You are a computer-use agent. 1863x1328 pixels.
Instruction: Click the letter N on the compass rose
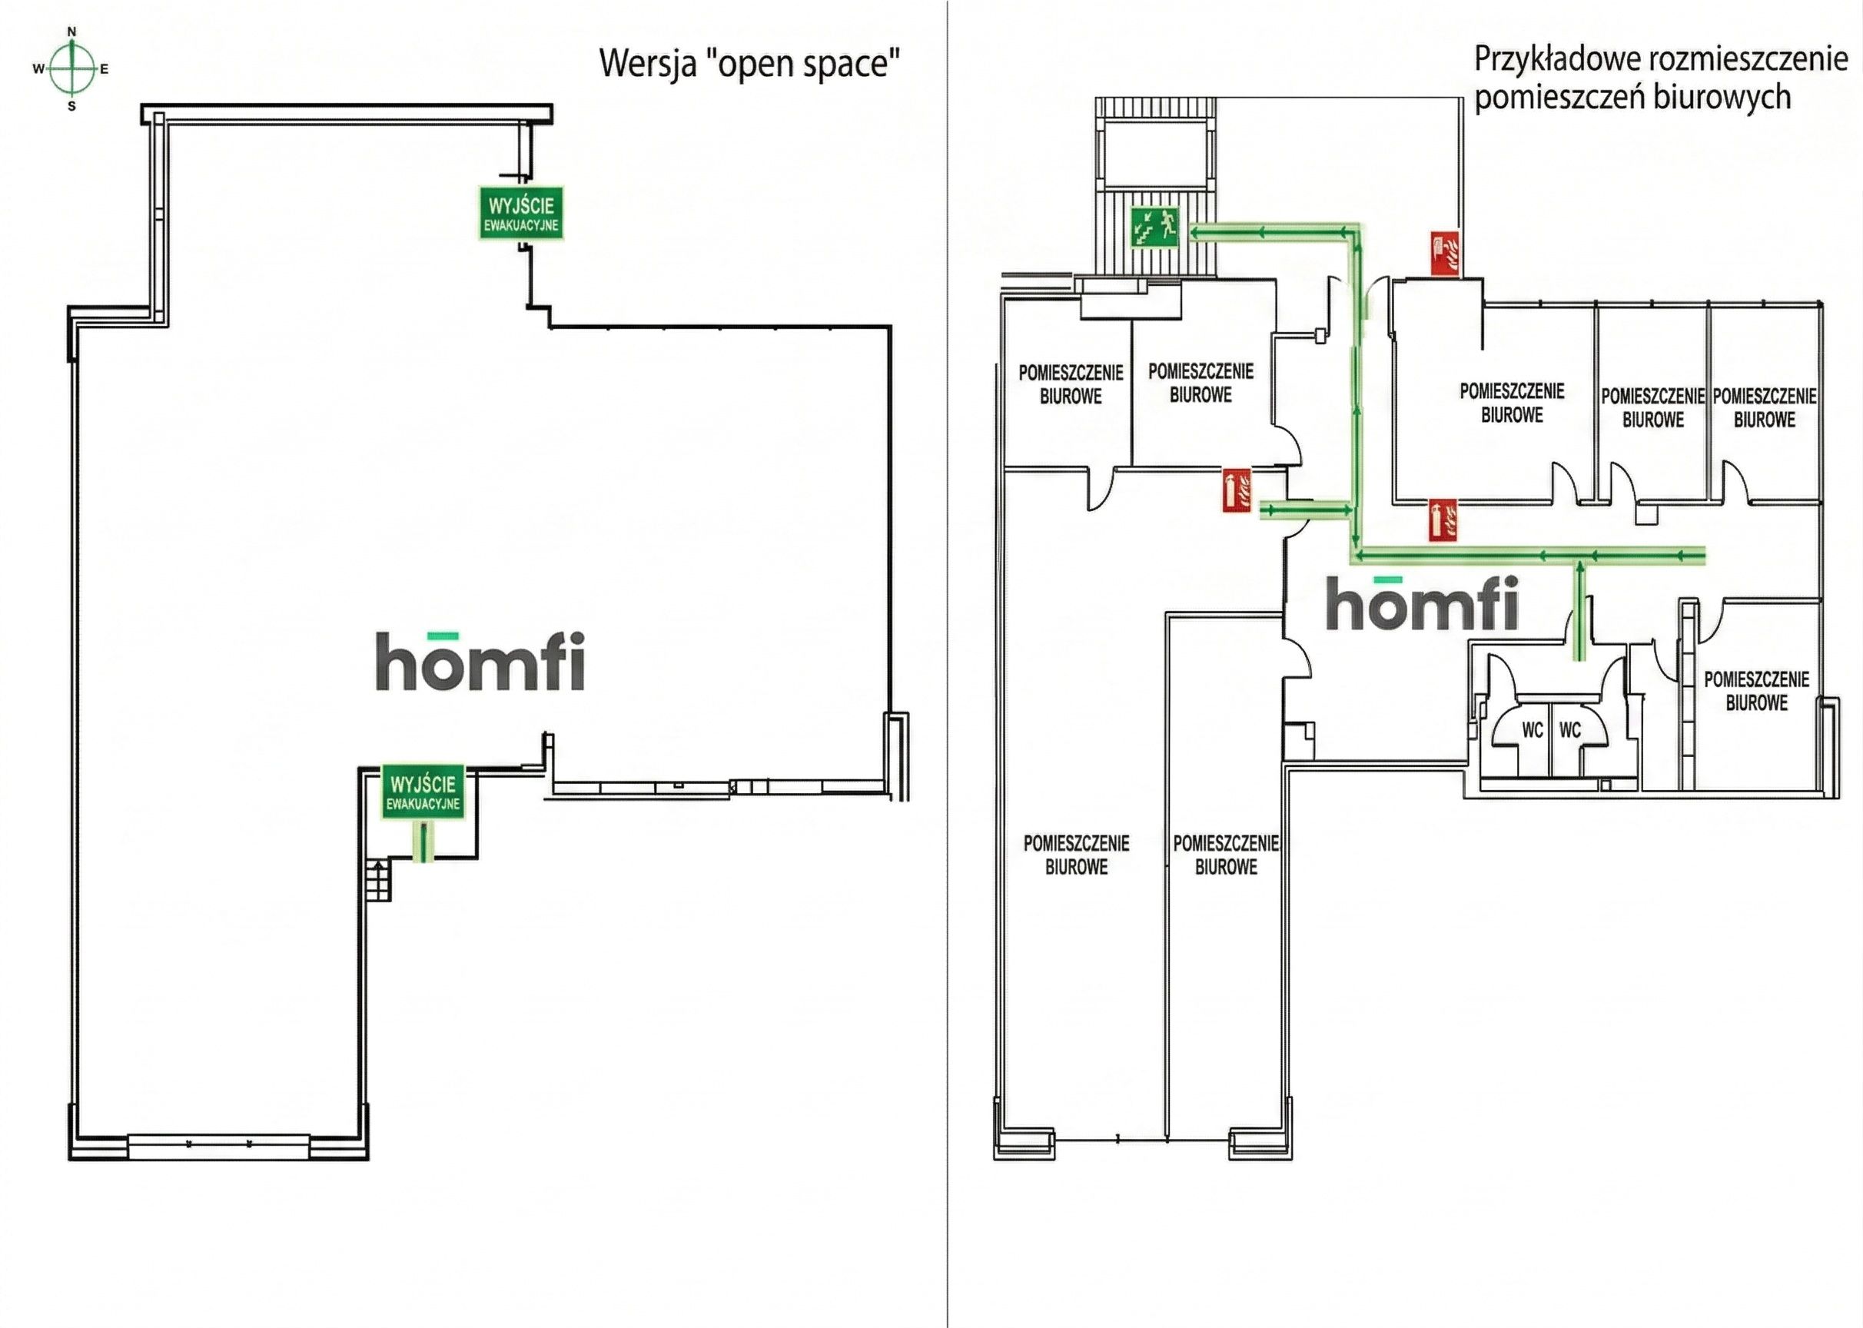tap(72, 32)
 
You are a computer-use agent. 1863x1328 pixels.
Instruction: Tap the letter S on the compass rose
tap(72, 106)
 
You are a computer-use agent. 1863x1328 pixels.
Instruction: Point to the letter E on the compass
tap(105, 69)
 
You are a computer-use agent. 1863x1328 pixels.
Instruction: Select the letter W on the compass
tap(38, 69)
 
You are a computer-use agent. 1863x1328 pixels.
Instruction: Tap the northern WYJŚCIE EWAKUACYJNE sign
tap(521, 214)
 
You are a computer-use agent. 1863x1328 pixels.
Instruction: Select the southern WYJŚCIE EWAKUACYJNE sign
tap(423, 792)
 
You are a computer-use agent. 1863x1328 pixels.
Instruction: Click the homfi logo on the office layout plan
tap(1422, 603)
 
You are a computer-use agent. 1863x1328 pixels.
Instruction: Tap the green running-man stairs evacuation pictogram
tap(1153, 227)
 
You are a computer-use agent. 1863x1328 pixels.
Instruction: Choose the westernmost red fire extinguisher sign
tap(1237, 490)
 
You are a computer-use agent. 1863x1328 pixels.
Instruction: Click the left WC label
tap(1532, 729)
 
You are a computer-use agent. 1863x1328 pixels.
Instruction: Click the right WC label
tap(1570, 729)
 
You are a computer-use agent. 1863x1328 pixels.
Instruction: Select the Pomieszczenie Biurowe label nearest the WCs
tap(1756, 691)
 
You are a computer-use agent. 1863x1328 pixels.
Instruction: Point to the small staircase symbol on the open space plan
tap(378, 881)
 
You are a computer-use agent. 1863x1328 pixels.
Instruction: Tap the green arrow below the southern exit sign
tap(423, 842)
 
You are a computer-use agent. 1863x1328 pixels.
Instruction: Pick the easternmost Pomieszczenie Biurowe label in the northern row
tap(1764, 408)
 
